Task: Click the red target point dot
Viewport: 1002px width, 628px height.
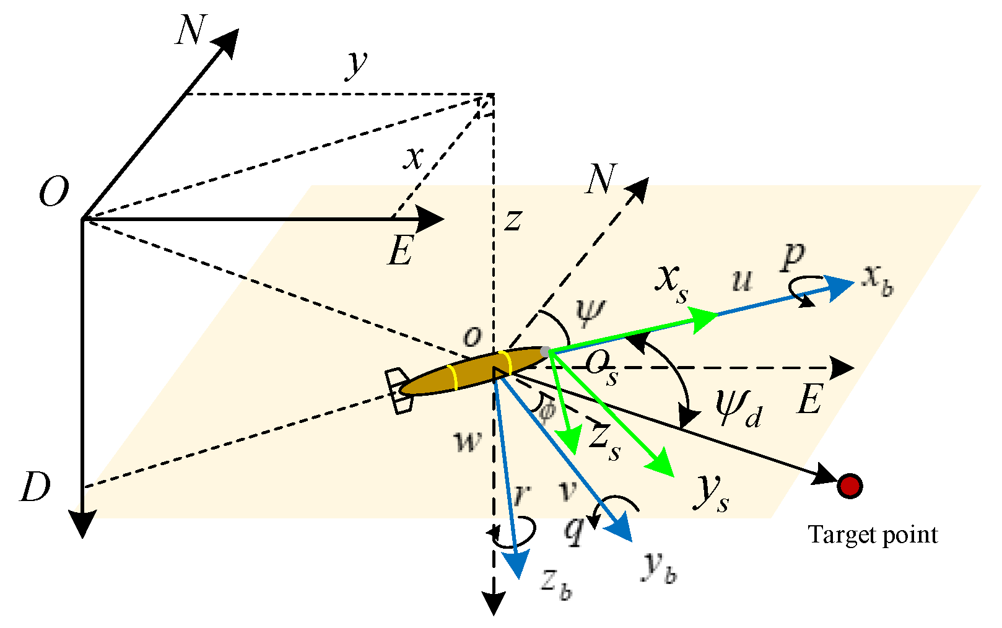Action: [849, 486]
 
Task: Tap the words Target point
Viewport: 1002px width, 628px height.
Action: [873, 534]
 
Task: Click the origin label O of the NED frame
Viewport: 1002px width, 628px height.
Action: [53, 193]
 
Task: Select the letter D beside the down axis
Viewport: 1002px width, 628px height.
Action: [35, 488]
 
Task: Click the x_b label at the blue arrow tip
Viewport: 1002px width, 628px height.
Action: [878, 283]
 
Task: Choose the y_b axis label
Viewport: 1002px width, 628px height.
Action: [659, 567]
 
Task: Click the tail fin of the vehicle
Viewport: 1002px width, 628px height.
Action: [399, 391]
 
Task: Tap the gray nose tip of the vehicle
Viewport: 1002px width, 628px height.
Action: [545, 352]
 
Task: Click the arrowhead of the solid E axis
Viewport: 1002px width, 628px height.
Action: [432, 219]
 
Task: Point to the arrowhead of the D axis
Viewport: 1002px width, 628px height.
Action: [82, 524]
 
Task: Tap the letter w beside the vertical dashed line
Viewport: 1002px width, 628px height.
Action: [468, 441]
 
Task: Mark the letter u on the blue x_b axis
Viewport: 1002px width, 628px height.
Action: [742, 280]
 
